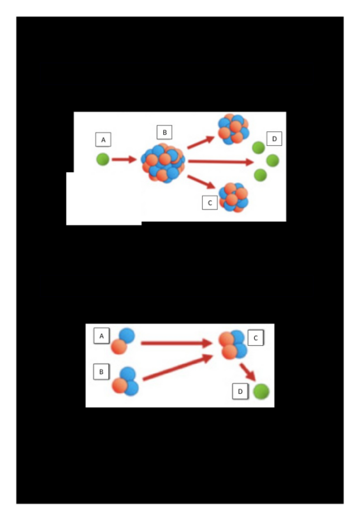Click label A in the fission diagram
click(103, 140)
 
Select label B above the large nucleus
click(164, 133)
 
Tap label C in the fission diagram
click(210, 203)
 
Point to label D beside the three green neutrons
click(275, 139)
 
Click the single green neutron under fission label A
click(103, 159)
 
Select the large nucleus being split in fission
click(163, 163)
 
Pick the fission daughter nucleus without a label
click(233, 129)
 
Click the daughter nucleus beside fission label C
click(234, 197)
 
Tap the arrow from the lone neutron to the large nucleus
click(124, 159)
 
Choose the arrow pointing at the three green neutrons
click(220, 162)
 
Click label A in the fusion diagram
click(101, 336)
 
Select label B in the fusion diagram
click(101, 371)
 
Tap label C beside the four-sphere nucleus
click(256, 338)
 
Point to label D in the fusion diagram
click(240, 392)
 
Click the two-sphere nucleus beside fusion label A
click(123, 341)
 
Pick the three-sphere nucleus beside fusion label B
click(126, 382)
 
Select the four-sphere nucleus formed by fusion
click(233, 345)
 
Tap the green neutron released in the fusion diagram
click(261, 392)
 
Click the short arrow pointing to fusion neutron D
click(248, 372)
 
